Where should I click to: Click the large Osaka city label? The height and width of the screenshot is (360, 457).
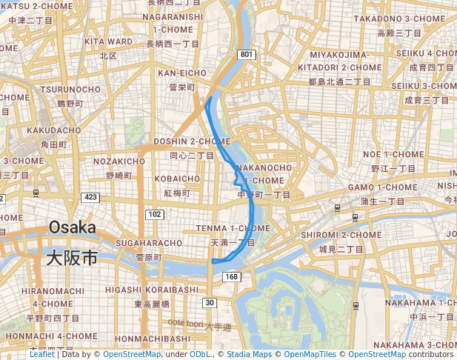pyautogui.click(x=73, y=227)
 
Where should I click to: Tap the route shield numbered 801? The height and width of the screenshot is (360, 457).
pyautogui.click(x=246, y=55)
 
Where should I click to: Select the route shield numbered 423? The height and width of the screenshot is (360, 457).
pyautogui.click(x=91, y=197)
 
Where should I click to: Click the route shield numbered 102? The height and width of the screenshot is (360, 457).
pyautogui.click(x=155, y=214)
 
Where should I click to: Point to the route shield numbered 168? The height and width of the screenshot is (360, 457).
pyautogui.click(x=232, y=277)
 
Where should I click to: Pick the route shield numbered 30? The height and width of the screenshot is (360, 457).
pyautogui.click(x=210, y=302)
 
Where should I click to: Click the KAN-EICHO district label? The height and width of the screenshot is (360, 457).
pyautogui.click(x=182, y=73)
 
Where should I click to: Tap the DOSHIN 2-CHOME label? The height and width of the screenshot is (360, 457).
pyautogui.click(x=192, y=141)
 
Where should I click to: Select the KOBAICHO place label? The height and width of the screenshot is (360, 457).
pyautogui.click(x=178, y=179)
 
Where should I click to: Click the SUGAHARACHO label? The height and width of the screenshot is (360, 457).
pyautogui.click(x=149, y=243)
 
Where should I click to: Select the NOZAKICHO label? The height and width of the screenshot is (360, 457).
pyautogui.click(x=119, y=161)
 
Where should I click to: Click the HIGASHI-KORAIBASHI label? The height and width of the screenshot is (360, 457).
pyautogui.click(x=153, y=289)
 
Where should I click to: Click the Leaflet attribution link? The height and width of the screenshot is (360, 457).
pyautogui.click(x=41, y=355)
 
